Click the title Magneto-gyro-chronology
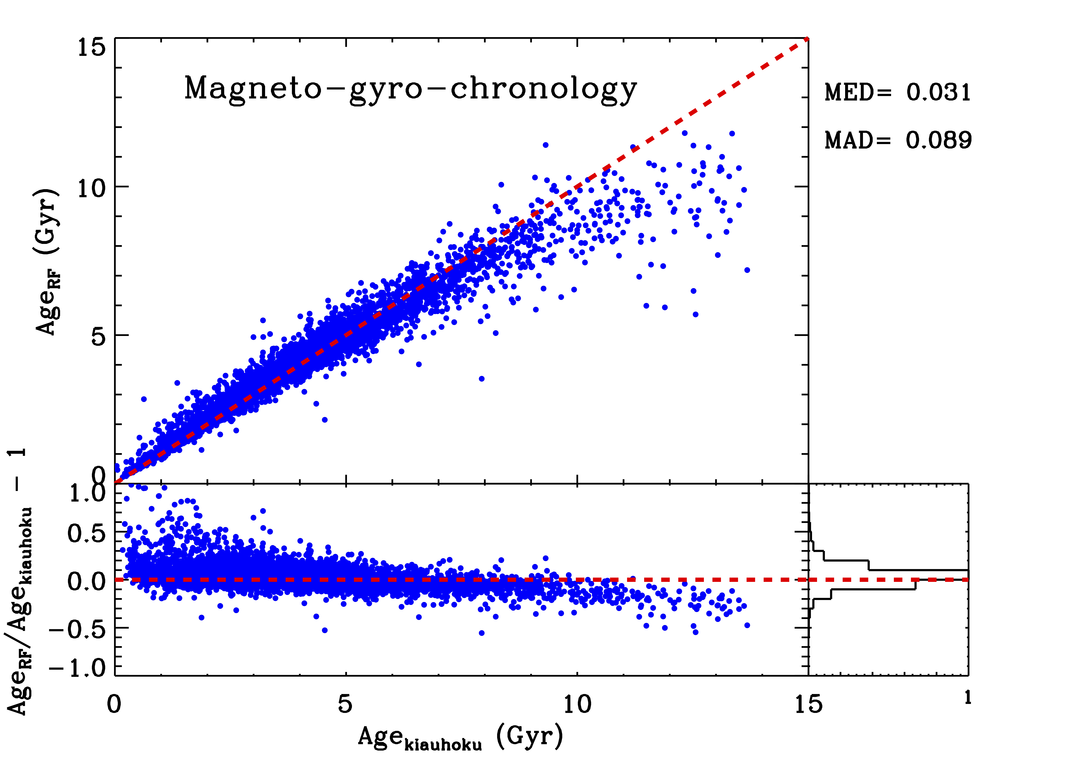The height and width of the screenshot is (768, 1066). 410,89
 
